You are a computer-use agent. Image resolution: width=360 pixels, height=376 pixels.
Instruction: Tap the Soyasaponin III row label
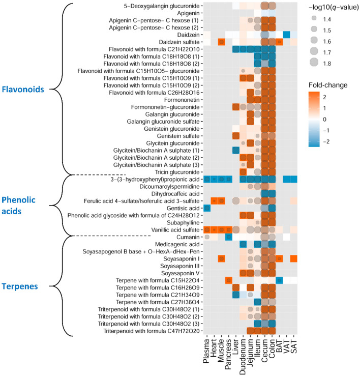coord(174,266)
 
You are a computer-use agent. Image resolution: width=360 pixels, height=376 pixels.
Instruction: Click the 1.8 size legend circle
coord(317,63)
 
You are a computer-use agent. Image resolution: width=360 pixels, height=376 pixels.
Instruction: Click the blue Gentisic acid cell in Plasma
coord(207,208)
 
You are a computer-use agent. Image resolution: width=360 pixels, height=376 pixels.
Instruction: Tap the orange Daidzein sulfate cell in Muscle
coord(222,42)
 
